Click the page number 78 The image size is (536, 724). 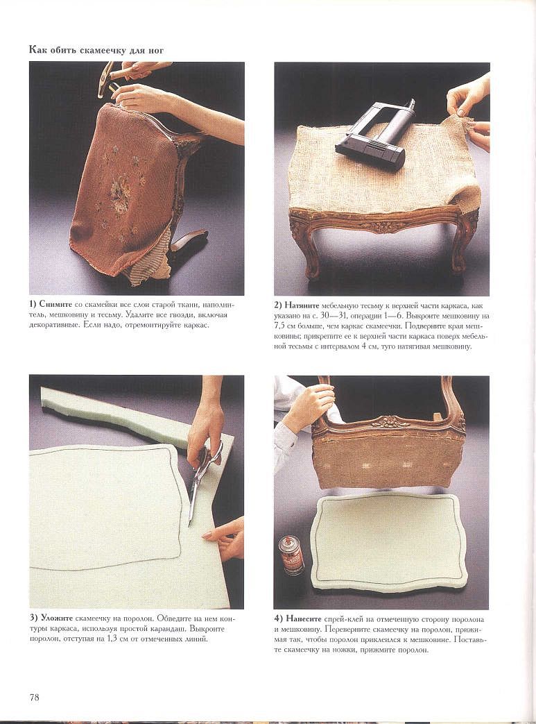[x=35, y=697]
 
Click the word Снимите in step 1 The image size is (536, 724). [x=55, y=305]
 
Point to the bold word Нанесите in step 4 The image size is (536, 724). [x=304, y=619]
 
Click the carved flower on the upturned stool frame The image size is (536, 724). [x=386, y=421]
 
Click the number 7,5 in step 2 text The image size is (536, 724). [x=280, y=326]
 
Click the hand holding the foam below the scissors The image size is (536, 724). [x=225, y=537]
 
